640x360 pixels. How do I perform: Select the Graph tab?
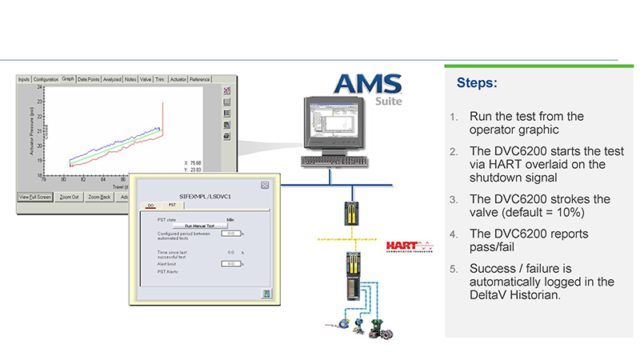[69, 79]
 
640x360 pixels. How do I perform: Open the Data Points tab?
[88, 79]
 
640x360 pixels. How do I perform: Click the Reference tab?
[200, 79]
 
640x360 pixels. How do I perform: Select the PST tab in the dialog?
[170, 206]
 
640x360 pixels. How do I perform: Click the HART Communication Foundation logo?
[408, 245]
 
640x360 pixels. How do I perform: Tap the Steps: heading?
[477, 82]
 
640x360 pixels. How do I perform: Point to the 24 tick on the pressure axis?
[40, 87]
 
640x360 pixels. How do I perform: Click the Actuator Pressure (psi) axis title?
[30, 129]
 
